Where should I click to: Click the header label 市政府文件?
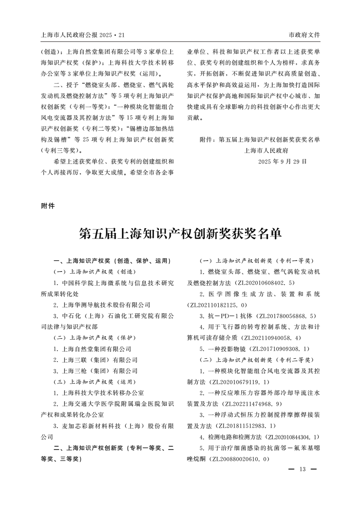[305, 35]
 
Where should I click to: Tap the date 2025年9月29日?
[282, 161]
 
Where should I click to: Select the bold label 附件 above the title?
[48, 205]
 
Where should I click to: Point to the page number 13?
[303, 470]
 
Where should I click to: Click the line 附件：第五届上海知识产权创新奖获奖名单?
[260, 139]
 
